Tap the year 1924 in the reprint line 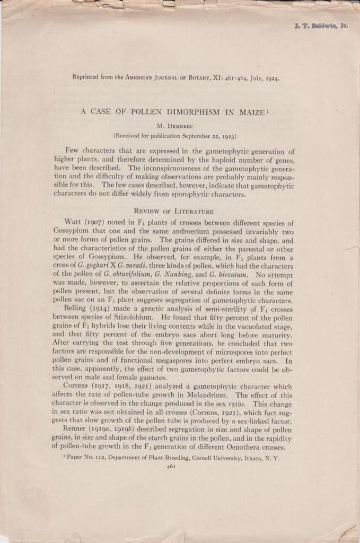269,77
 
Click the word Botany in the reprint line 198,77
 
